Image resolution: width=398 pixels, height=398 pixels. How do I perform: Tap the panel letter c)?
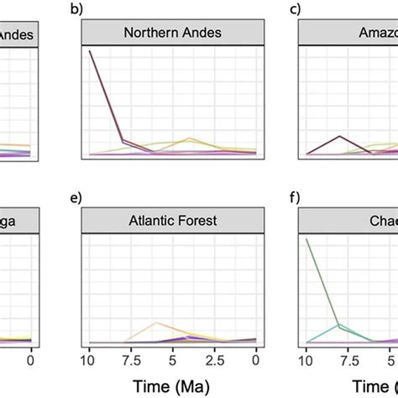(294, 10)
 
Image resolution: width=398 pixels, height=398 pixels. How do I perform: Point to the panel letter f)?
(294, 198)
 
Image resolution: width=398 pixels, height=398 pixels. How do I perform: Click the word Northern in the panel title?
(152, 34)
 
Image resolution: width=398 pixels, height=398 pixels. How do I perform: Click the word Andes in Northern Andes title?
(202, 34)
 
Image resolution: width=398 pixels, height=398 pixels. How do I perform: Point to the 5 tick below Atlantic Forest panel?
(172, 359)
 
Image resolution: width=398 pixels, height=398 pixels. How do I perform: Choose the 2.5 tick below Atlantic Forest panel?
(214, 359)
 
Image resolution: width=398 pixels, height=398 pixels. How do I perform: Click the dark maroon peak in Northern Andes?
(90, 52)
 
